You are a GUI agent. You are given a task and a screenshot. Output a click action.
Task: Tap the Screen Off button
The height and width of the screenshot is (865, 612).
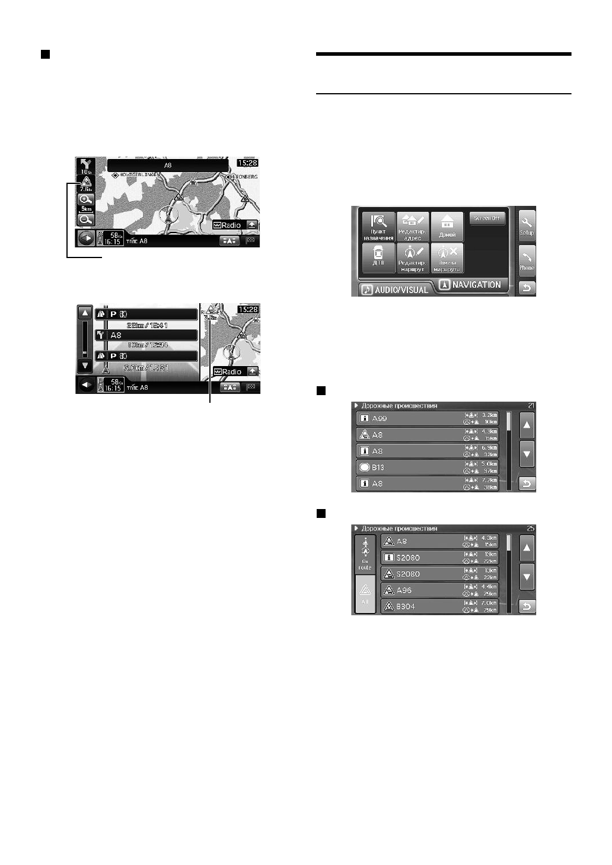click(486, 218)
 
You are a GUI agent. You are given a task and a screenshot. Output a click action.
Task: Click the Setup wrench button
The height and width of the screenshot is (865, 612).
click(527, 225)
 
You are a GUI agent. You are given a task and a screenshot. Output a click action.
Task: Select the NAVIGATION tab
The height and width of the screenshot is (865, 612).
click(471, 285)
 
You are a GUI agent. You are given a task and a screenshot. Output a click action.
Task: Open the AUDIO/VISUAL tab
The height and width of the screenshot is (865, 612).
click(396, 290)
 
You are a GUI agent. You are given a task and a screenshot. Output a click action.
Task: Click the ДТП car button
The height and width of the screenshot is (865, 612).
click(378, 258)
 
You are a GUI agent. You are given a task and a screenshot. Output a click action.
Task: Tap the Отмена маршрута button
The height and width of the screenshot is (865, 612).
click(447, 258)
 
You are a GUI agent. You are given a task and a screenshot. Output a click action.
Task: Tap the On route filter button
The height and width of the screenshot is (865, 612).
click(365, 554)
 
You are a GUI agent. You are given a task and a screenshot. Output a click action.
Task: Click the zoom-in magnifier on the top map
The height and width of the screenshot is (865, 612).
click(86, 200)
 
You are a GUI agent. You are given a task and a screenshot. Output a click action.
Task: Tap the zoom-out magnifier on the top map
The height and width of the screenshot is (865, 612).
click(86, 220)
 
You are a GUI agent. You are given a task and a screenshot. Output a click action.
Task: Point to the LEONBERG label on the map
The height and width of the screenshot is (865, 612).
click(244, 176)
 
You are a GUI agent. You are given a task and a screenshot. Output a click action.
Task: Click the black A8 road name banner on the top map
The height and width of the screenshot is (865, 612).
click(168, 165)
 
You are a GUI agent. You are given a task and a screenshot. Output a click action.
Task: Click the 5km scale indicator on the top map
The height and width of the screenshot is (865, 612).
click(86, 210)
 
